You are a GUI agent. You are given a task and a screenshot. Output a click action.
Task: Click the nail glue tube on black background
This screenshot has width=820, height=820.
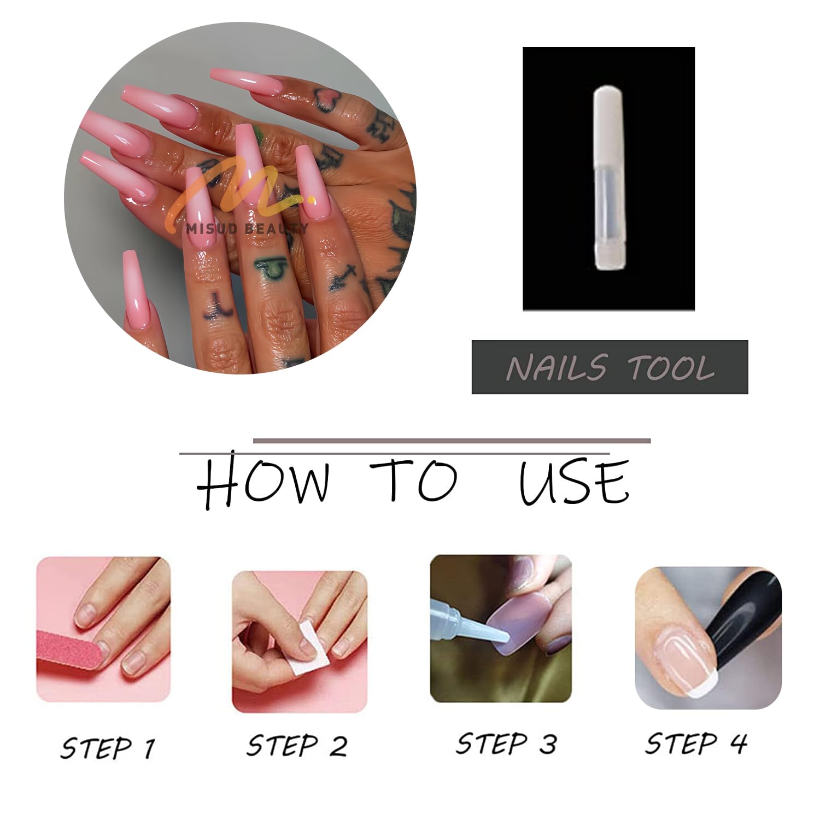tap(609, 179)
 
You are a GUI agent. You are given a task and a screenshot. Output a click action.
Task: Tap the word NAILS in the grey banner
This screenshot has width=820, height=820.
tap(557, 367)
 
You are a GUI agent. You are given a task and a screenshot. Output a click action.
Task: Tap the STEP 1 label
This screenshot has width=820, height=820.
tap(108, 748)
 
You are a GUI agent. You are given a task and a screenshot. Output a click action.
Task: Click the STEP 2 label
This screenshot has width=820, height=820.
tap(297, 746)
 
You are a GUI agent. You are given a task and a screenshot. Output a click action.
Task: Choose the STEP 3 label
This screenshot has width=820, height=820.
tap(506, 744)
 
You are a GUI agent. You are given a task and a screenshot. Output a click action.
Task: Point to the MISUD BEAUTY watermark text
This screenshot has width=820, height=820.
tap(247, 228)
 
